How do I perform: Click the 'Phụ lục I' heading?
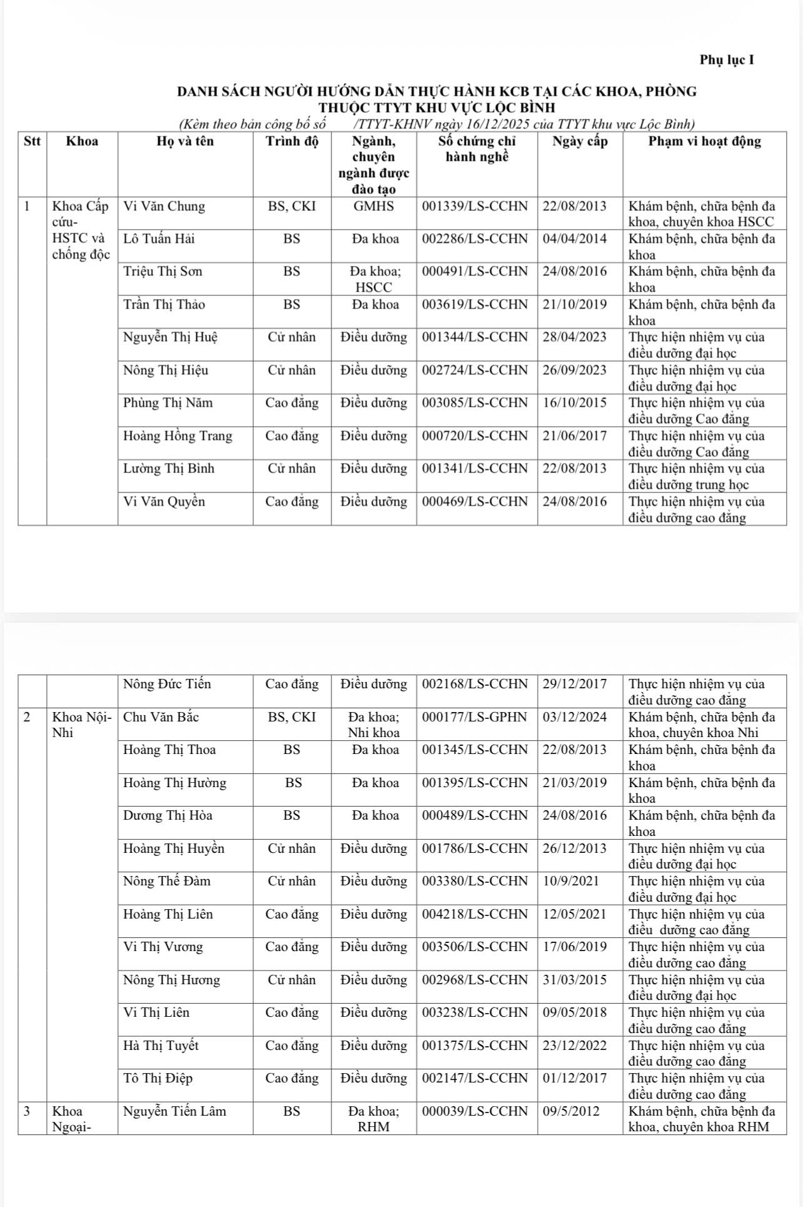coord(727,60)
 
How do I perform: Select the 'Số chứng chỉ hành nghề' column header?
coord(477,149)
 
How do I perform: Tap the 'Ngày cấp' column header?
coord(580,141)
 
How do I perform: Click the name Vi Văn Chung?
coord(164,206)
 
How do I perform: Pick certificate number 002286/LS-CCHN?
coord(475,239)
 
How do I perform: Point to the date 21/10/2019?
coord(574,305)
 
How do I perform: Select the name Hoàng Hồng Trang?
coord(178,436)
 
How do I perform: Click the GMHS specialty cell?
coord(373,206)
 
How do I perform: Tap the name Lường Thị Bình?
coord(169,469)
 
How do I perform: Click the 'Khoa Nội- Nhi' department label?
coord(81,725)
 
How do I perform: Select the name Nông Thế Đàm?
coord(167,881)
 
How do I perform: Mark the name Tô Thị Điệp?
coord(158,1078)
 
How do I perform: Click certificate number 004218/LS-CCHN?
coord(475,914)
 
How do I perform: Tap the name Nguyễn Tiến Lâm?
coord(174,1111)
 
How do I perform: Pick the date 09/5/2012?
coord(570,1111)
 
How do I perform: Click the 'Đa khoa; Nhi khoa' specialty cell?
coord(373,725)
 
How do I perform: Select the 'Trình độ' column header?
coord(291,141)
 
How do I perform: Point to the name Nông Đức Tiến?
coord(167,684)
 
